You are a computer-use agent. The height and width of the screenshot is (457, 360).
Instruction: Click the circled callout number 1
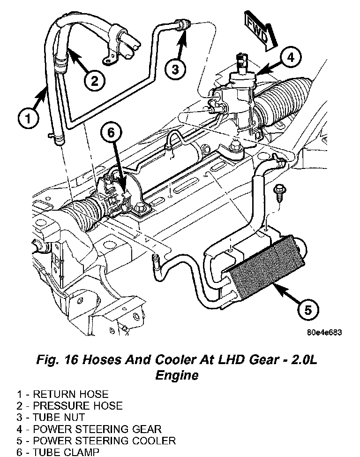tap(29, 115)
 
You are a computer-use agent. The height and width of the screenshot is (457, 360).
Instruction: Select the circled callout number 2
tap(94, 81)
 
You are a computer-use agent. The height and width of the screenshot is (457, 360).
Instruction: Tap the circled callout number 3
tap(175, 70)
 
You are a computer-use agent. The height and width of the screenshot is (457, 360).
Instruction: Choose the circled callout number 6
tap(111, 133)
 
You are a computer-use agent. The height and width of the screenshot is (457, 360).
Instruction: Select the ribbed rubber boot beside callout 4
tap(284, 101)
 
